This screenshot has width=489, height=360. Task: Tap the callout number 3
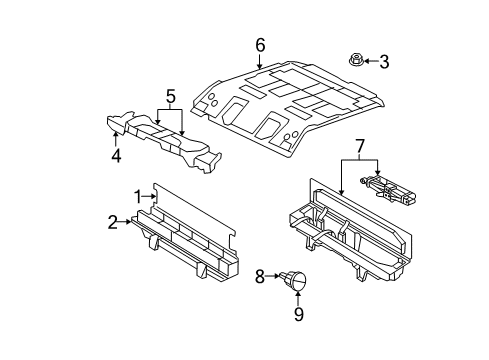383,61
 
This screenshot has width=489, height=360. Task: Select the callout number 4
116,155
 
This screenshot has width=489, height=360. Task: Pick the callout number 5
170,97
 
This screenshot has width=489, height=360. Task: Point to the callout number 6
260,44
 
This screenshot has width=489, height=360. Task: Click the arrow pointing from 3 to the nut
370,61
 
